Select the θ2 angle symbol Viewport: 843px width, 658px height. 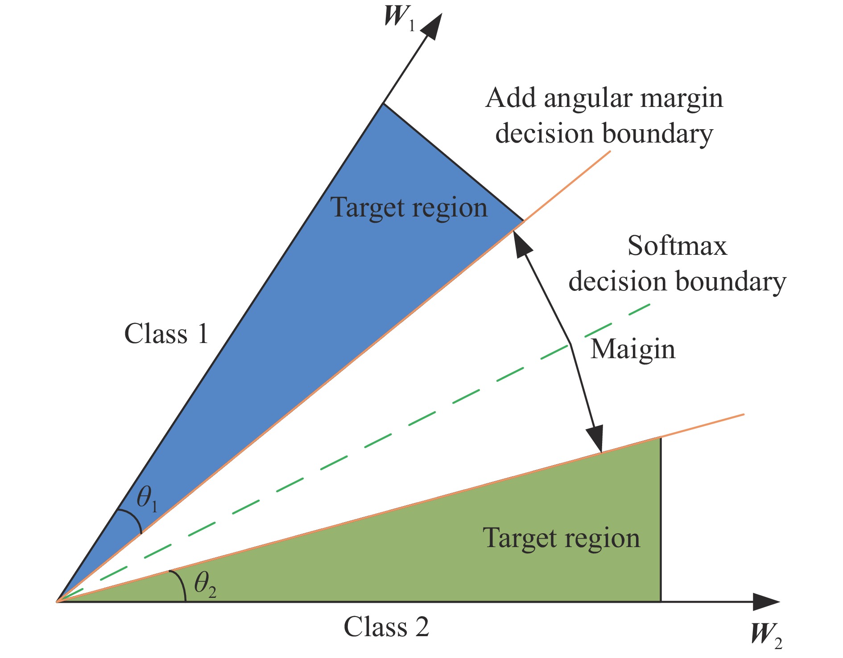[205, 584]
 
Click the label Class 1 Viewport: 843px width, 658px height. [166, 334]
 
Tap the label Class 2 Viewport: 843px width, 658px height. [386, 627]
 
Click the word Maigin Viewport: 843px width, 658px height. [632, 350]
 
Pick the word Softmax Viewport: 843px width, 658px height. [677, 246]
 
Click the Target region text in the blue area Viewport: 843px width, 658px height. [409, 208]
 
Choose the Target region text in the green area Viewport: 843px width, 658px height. [561, 538]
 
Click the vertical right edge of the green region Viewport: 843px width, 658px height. [661, 521]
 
